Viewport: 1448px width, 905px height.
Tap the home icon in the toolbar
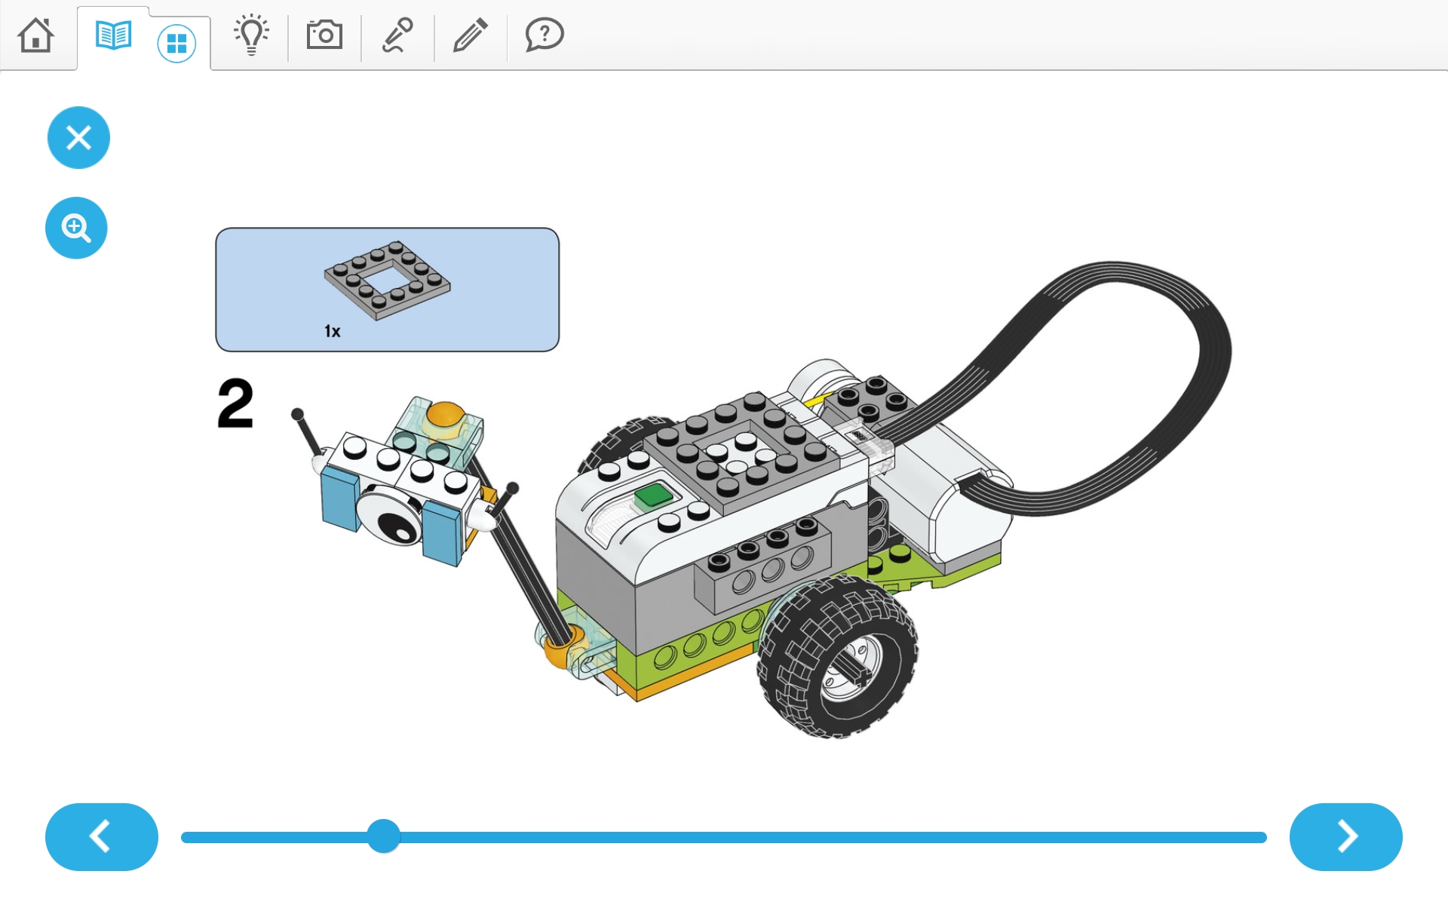click(36, 35)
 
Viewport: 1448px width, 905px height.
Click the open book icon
click(114, 35)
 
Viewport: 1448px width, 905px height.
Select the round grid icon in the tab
click(176, 44)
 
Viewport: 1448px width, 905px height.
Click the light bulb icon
click(251, 35)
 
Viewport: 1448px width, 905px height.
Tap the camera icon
click(324, 35)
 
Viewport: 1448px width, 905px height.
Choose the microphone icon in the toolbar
click(397, 35)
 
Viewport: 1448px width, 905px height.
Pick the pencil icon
click(470, 35)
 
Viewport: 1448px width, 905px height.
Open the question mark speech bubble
click(544, 35)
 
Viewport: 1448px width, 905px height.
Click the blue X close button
click(78, 137)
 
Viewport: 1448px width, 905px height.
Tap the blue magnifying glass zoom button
click(76, 228)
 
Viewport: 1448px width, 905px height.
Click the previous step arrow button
click(102, 837)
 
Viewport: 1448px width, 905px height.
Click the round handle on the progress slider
click(384, 836)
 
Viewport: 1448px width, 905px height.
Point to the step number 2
click(235, 403)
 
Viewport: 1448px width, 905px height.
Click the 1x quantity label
click(333, 331)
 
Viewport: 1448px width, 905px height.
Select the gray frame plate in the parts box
click(387, 281)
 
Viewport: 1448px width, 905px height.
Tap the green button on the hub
click(653, 495)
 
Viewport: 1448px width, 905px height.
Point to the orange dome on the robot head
click(445, 414)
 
